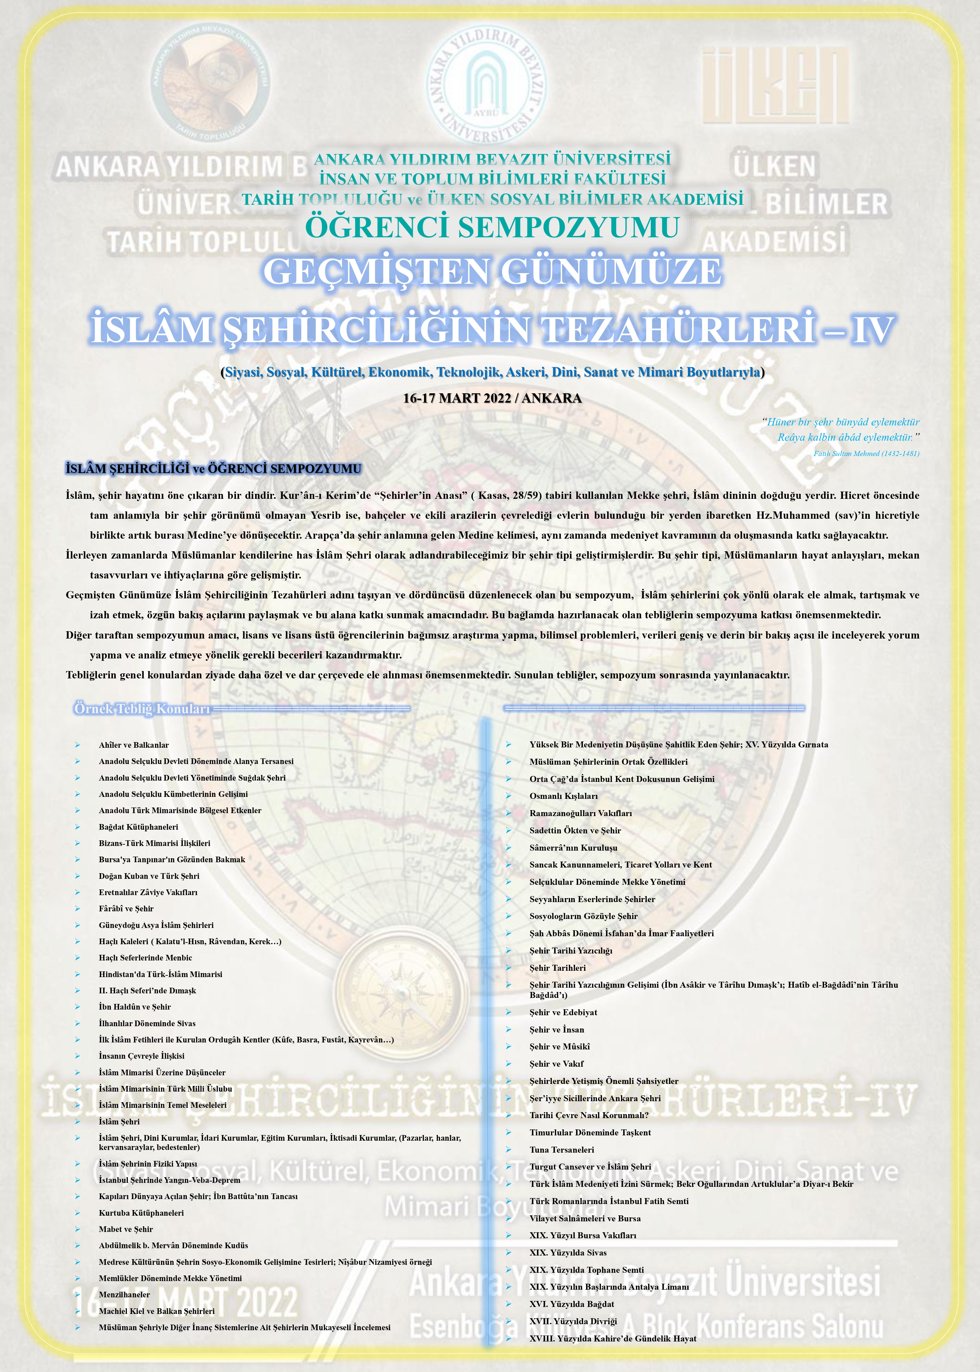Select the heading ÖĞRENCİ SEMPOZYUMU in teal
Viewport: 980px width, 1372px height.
(x=492, y=227)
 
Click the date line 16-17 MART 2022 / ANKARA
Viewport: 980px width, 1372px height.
(x=492, y=398)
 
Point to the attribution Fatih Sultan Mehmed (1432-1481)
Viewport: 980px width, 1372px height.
(x=866, y=453)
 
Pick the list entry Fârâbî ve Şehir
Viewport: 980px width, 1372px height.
(x=126, y=909)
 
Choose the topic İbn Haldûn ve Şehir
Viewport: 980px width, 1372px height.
(x=134, y=1007)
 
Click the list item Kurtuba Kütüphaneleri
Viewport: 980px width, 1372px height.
(x=141, y=1213)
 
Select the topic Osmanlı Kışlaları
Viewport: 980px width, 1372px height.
(x=564, y=796)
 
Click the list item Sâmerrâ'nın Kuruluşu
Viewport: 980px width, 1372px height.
(x=573, y=848)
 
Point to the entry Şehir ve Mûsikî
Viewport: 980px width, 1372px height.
(x=560, y=1046)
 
